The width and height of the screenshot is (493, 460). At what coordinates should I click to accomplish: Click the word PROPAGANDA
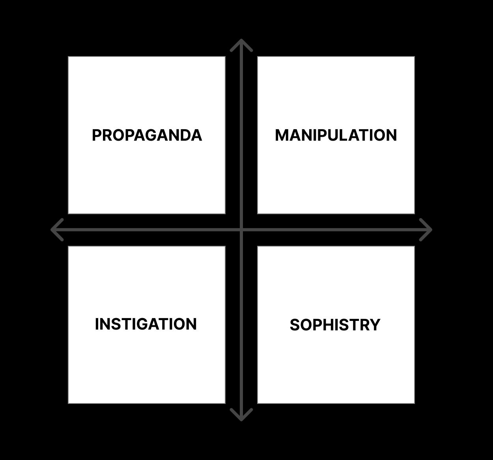pyautogui.click(x=147, y=135)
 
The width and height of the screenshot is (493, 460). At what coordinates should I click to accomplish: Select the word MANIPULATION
pyautogui.click(x=336, y=135)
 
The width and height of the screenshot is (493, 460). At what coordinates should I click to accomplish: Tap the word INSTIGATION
pyautogui.click(x=146, y=324)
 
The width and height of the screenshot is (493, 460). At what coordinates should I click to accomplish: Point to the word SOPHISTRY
pyautogui.click(x=335, y=325)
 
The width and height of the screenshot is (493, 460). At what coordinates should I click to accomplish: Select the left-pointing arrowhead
pyautogui.click(x=55, y=230)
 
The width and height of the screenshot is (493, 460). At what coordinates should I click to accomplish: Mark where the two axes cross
pyautogui.click(x=241, y=230)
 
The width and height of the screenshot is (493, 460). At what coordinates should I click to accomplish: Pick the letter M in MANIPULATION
pyautogui.click(x=282, y=135)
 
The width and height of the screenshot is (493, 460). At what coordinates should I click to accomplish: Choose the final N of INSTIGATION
pyautogui.click(x=191, y=324)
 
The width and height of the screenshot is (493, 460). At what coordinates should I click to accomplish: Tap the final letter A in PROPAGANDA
pyautogui.click(x=196, y=135)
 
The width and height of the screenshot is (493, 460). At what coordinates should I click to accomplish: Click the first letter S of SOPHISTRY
pyautogui.click(x=295, y=325)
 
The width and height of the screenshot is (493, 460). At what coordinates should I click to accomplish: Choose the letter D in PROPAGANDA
pyautogui.click(x=185, y=135)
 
